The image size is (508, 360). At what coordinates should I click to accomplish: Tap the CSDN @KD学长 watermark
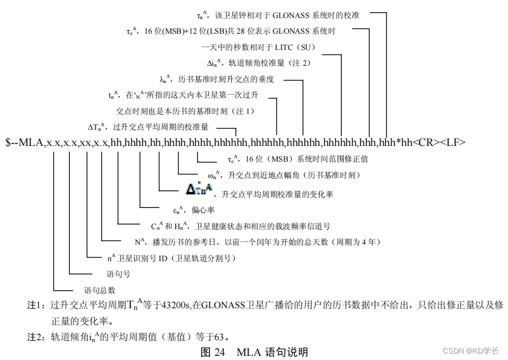pos(471,351)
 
